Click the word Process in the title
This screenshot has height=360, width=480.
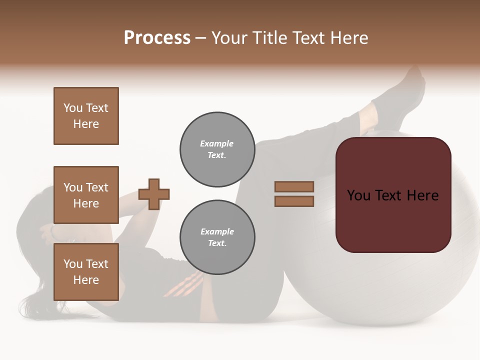[x=157, y=38]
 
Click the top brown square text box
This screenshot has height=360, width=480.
[x=86, y=116]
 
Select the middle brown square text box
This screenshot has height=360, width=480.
[x=86, y=195]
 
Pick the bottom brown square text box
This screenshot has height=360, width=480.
[x=86, y=272]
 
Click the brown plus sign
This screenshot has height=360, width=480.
[x=154, y=194]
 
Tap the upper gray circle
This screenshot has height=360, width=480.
[x=217, y=149]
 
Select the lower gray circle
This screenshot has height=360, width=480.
[x=217, y=237]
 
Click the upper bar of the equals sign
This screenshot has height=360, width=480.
[x=294, y=186]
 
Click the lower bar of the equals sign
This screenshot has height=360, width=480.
[x=294, y=201]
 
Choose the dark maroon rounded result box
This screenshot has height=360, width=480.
[x=393, y=195]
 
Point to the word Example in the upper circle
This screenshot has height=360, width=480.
[x=217, y=143]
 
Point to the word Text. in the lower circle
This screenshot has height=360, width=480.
[x=217, y=243]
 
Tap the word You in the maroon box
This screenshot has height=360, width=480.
[x=358, y=195]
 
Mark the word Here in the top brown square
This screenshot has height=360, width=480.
[x=86, y=124]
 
